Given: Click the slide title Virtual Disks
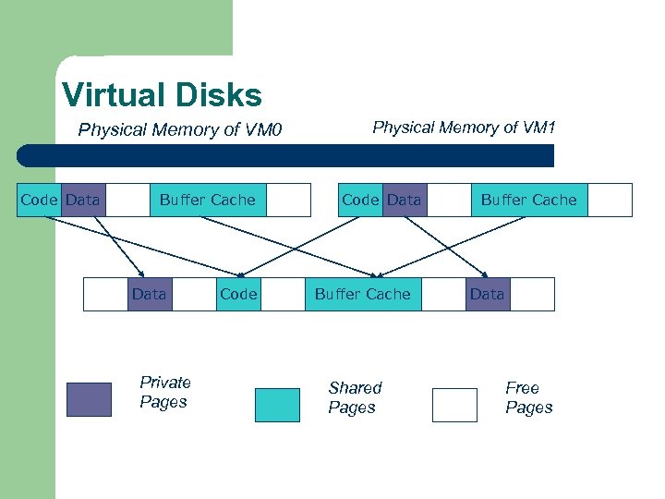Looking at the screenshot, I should click(x=162, y=94).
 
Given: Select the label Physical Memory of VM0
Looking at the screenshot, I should click(x=179, y=129).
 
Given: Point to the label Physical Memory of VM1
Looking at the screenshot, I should click(x=464, y=128).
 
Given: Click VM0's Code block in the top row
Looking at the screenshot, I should click(x=39, y=200).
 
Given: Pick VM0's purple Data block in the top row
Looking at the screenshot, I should click(x=83, y=200).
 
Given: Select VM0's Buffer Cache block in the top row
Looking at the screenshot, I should click(x=207, y=200).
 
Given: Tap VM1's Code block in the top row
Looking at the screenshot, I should click(x=360, y=200).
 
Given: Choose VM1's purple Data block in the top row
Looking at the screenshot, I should click(x=405, y=200).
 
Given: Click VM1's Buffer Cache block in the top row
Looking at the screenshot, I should click(x=528, y=200).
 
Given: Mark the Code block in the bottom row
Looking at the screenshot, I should click(x=238, y=294).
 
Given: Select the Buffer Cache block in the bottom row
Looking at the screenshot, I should click(x=362, y=294).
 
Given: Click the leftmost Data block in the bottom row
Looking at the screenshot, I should click(x=150, y=294).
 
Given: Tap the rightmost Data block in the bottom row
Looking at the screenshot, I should click(x=488, y=294).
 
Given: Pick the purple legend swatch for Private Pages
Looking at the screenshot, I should click(x=89, y=399).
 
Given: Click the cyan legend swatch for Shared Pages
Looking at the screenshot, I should click(x=277, y=405).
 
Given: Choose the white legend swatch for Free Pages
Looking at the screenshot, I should click(x=454, y=405).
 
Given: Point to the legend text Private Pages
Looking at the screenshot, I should click(x=164, y=392).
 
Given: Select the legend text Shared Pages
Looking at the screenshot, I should click(x=354, y=397).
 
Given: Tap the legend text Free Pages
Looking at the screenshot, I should click(x=528, y=397).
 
